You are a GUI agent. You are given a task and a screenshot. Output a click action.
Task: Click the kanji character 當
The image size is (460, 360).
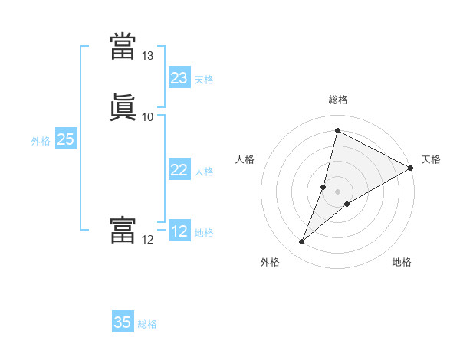tap(123, 46)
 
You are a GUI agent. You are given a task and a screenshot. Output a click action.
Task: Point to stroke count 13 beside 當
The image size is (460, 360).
tap(148, 56)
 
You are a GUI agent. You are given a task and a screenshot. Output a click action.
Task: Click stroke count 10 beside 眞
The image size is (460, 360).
tap(148, 117)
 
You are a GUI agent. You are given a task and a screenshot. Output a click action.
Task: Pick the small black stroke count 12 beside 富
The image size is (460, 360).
tap(148, 240)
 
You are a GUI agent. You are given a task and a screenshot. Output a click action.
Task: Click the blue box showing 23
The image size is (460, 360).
tap(179, 78)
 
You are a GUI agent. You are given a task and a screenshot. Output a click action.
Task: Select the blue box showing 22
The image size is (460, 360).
tap(179, 170)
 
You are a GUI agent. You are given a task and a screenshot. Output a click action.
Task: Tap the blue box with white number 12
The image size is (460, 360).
tap(179, 231)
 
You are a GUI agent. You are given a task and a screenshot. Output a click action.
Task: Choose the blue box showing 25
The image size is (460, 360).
tap(66, 139)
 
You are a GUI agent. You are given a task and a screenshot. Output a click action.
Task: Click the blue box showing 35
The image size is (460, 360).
tap(123, 322)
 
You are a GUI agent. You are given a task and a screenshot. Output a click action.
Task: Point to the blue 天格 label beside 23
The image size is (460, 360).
tap(204, 80)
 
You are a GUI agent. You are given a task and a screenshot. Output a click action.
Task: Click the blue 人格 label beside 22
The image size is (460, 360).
tap(204, 172)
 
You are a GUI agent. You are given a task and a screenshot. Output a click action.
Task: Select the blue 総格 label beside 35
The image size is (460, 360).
tap(147, 324)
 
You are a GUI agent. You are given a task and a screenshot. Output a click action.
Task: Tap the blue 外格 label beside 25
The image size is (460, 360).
tap(41, 141)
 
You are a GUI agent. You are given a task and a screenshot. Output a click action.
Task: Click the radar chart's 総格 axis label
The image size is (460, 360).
tap(338, 100)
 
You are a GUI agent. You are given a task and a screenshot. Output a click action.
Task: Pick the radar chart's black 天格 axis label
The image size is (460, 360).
tap(431, 159)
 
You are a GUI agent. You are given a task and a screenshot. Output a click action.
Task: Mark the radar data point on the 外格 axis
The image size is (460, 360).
tap(302, 242)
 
